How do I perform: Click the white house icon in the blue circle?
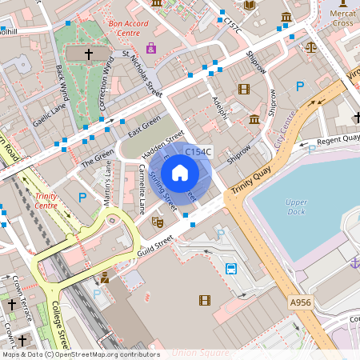[x=180, y=173]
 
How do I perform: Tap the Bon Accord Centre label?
[x=129, y=29]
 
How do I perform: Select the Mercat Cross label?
[x=342, y=18]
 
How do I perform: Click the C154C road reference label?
[x=198, y=152]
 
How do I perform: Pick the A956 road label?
[x=301, y=302]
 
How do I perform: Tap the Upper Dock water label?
[x=296, y=207]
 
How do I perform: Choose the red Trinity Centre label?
[x=46, y=201]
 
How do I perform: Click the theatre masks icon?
[x=158, y=219]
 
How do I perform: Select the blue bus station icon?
[x=231, y=269]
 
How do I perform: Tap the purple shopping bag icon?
[x=151, y=48]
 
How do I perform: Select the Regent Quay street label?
[x=339, y=140]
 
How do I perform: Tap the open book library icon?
[x=249, y=6]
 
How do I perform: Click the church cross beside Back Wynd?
[x=88, y=54]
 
